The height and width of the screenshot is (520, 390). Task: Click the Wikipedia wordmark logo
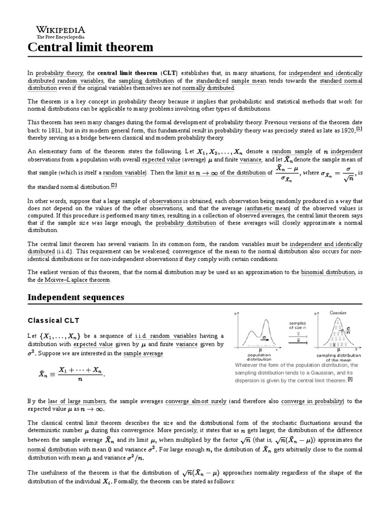click(x=60, y=30)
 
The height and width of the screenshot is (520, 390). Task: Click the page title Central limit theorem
click(x=90, y=47)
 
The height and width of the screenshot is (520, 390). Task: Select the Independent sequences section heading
click(x=76, y=297)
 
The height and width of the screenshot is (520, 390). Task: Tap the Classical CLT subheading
click(x=54, y=321)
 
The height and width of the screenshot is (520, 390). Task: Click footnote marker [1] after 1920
click(x=359, y=129)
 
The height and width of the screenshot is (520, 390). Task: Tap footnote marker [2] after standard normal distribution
click(x=114, y=185)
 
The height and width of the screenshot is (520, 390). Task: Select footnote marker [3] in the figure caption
click(x=350, y=379)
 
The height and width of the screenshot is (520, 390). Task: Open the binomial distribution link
click(x=328, y=273)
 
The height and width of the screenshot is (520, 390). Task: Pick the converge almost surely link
click(x=196, y=401)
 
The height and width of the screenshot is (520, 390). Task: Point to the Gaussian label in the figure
click(x=338, y=313)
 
